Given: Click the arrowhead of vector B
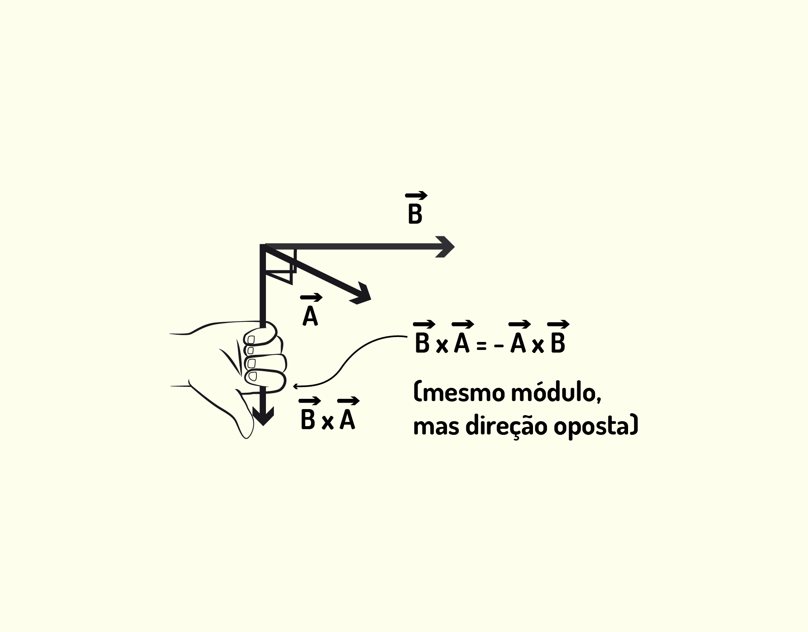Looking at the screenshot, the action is [x=445, y=247].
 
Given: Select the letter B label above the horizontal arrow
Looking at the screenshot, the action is [x=415, y=214].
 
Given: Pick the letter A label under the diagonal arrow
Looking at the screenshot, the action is [x=310, y=316].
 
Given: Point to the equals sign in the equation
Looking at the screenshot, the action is [x=481, y=346].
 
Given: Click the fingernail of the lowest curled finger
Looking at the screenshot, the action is [x=252, y=377].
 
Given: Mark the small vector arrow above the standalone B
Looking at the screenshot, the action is [x=416, y=196].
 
